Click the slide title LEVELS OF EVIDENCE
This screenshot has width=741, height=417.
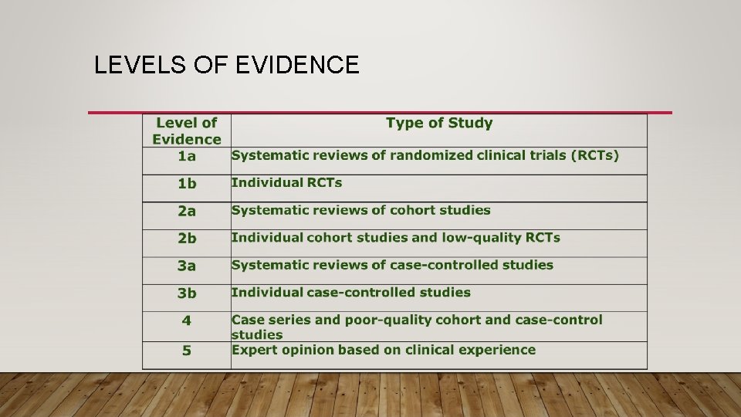click(x=226, y=65)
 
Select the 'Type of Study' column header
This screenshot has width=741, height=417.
click(x=438, y=123)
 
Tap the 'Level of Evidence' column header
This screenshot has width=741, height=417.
click(x=187, y=131)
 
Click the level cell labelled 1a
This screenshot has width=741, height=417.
click(x=187, y=156)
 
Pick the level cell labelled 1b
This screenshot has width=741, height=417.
click(x=187, y=184)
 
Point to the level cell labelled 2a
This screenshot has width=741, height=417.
click(x=187, y=211)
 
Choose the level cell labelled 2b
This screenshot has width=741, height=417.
click(x=187, y=239)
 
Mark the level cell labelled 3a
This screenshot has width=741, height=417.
click(x=187, y=266)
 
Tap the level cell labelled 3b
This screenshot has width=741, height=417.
click(x=187, y=293)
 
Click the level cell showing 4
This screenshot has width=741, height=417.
click(x=187, y=320)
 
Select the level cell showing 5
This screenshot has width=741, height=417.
click(x=187, y=351)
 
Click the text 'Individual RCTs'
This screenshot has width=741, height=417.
click(x=286, y=183)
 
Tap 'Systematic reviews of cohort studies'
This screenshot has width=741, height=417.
click(x=360, y=210)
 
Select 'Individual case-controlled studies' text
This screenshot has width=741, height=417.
click(x=350, y=293)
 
